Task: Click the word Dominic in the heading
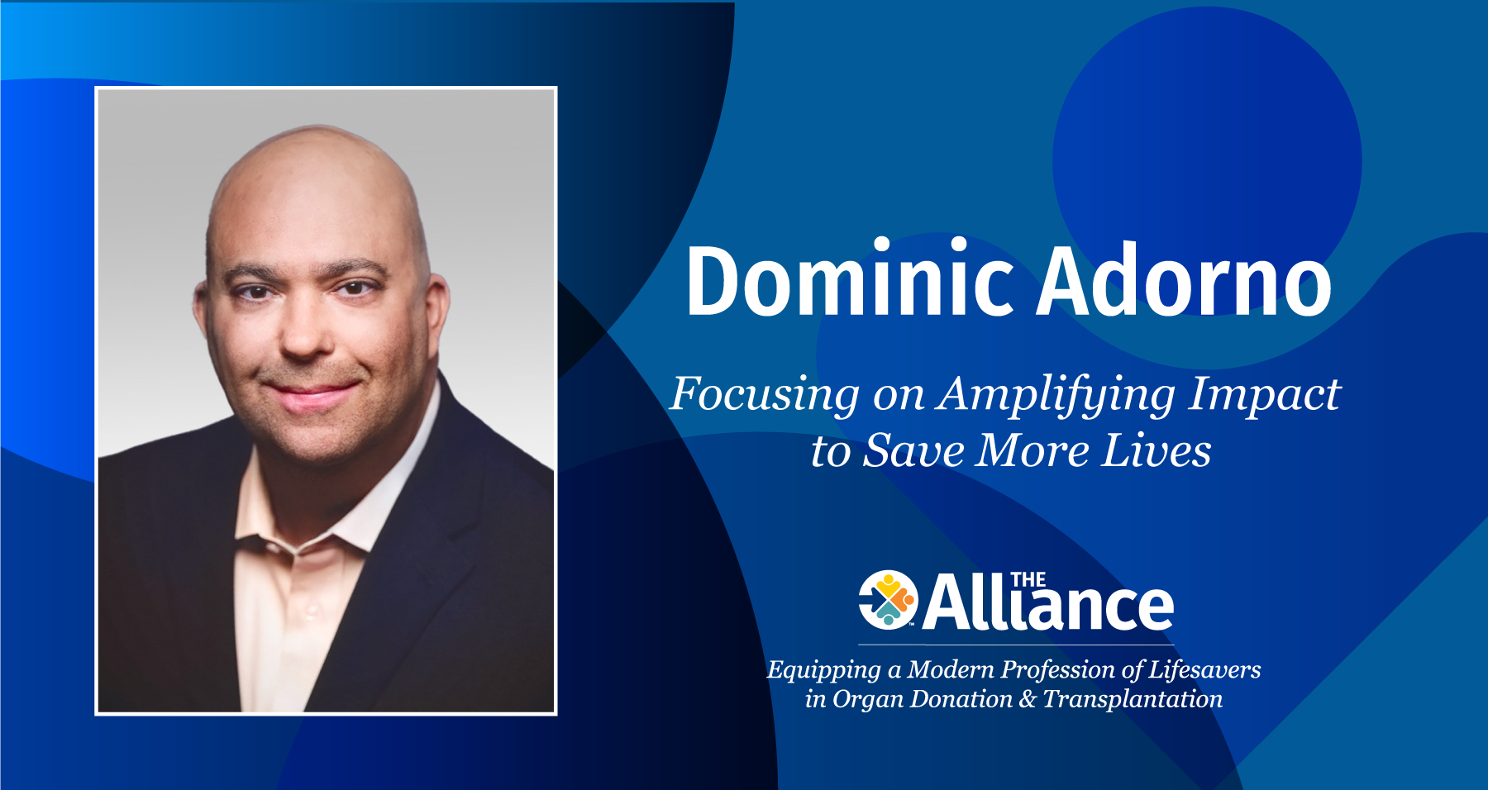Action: (850, 281)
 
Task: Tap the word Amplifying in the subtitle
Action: (1056, 395)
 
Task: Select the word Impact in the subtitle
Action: (1264, 395)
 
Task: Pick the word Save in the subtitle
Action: (913, 451)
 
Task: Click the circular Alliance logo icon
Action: (888, 599)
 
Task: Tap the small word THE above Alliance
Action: (1028, 580)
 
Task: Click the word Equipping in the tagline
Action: (823, 670)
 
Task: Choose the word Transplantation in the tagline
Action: (1133, 699)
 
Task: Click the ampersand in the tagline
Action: (1028, 699)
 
